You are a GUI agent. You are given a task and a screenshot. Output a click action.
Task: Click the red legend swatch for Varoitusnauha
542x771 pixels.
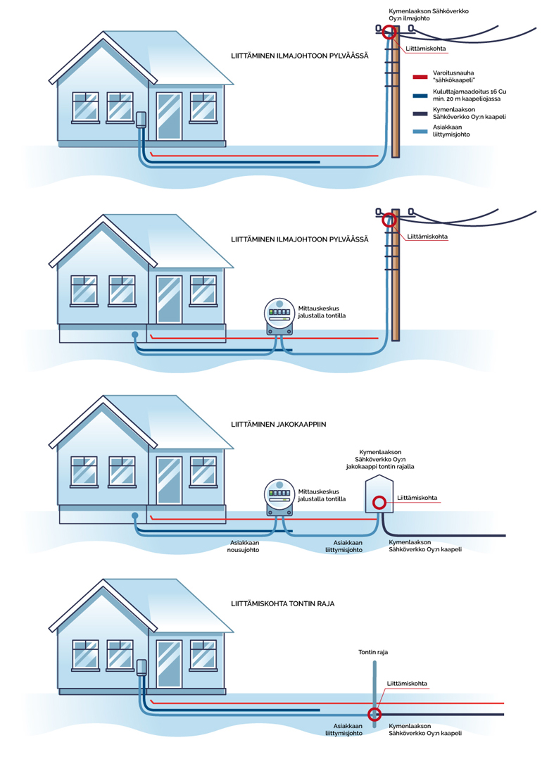pos(421,77)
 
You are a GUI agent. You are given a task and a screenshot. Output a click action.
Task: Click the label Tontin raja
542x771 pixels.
pos(373,652)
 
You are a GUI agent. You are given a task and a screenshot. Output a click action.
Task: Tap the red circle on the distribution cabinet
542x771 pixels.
pos(379,502)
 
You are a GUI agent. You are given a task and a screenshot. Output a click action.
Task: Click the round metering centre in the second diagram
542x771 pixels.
pos(279,315)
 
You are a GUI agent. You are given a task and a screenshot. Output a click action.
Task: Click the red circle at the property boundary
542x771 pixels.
pos(374,709)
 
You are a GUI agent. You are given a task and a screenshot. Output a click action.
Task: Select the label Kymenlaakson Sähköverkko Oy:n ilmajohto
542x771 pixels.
pos(429,15)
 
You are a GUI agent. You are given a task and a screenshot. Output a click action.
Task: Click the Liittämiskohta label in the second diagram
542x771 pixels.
pos(427,237)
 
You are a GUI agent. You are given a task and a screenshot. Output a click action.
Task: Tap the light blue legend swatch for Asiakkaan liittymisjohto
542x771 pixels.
pos(421,130)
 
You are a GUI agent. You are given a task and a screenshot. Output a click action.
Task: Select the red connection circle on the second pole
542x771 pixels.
pos(390,220)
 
